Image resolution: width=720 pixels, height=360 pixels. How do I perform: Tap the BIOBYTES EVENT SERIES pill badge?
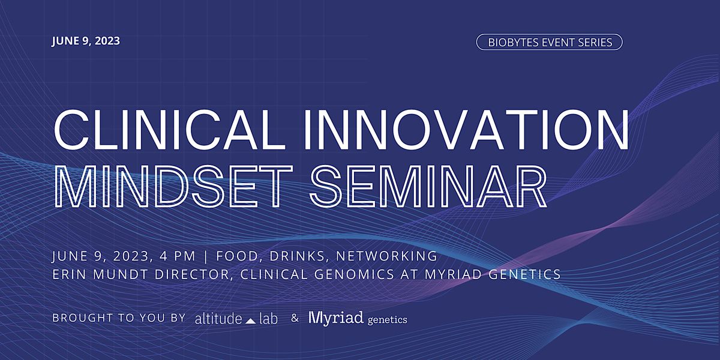[549, 42]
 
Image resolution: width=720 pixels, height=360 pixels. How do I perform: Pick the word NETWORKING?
[386, 256]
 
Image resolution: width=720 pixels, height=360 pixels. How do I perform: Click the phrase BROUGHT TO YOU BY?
[119, 318]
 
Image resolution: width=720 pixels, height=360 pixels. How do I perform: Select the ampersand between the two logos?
[295, 319]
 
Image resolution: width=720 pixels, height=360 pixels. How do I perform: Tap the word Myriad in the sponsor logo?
[336, 318]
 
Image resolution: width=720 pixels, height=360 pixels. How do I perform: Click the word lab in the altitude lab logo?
[268, 319]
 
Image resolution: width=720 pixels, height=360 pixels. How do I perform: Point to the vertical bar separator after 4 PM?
[206, 256]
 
